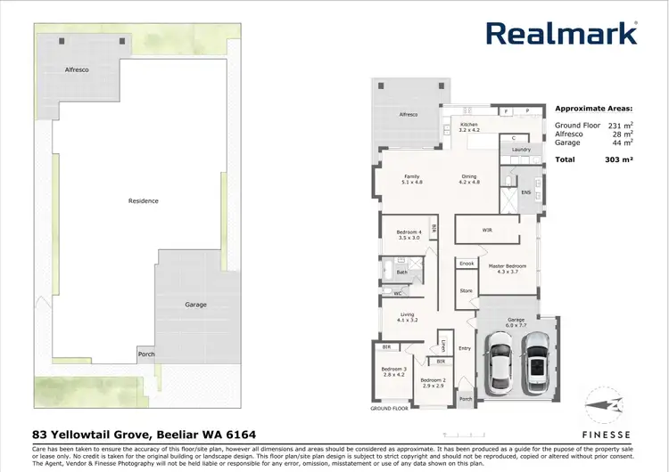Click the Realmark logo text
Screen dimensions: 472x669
click(561, 33)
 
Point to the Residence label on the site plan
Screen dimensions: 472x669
click(143, 201)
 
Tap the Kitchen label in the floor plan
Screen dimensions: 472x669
click(468, 125)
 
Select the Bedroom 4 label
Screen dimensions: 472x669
click(409, 233)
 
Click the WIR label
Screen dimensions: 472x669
click(487, 230)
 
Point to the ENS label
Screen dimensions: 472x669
click(525, 191)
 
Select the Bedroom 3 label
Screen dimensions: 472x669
click(393, 369)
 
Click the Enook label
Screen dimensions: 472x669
click(467, 264)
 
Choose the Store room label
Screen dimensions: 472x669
click(466, 290)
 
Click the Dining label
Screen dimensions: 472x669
click(469, 176)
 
